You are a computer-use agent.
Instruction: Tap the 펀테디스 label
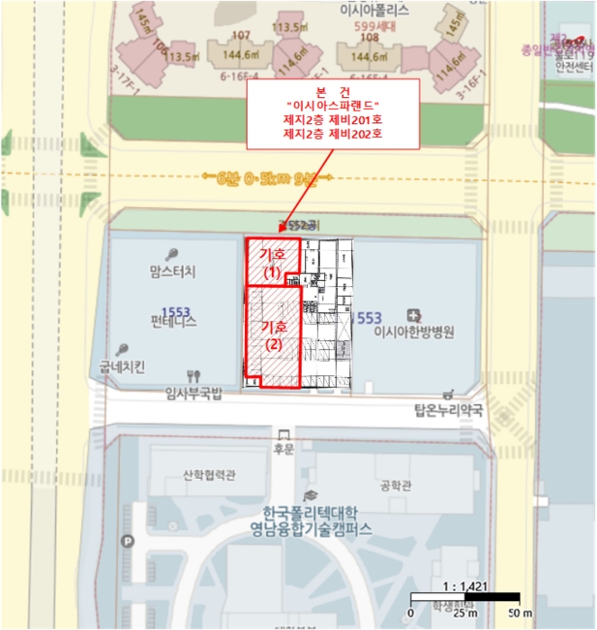(175, 320)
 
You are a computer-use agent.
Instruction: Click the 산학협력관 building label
(209, 475)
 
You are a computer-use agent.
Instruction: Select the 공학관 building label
(396, 485)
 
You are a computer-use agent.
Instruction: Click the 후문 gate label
(284, 446)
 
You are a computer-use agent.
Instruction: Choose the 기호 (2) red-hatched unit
(272, 336)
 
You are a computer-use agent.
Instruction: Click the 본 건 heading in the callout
(332, 93)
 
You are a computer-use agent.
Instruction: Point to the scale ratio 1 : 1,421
(465, 586)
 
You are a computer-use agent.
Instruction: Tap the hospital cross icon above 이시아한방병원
(413, 316)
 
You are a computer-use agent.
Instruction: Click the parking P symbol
(128, 542)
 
